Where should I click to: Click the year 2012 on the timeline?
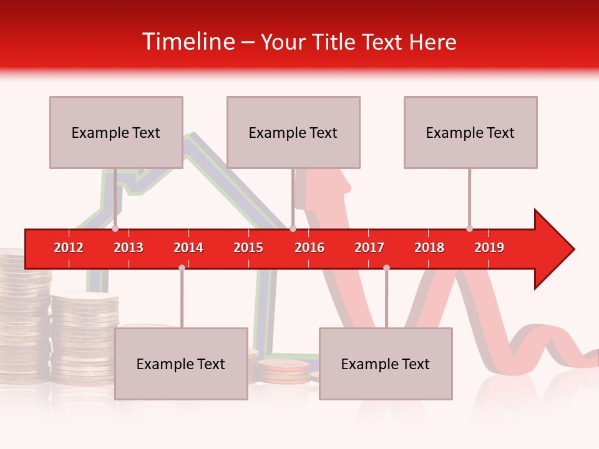click(69, 248)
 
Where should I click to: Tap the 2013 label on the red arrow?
click(129, 248)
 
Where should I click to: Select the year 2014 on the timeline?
click(188, 248)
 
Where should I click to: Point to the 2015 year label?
click(248, 248)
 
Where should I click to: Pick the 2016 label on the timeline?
click(309, 248)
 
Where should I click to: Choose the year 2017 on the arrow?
click(369, 248)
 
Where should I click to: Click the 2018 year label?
click(429, 248)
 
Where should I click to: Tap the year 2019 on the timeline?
click(489, 248)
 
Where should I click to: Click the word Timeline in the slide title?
click(187, 42)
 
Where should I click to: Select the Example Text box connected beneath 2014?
click(181, 364)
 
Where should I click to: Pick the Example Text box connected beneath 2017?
click(386, 364)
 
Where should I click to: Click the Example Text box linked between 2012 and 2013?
click(116, 132)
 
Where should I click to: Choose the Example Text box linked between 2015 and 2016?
click(293, 132)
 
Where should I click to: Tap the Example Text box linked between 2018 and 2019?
click(470, 132)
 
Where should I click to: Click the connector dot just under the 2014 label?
click(182, 268)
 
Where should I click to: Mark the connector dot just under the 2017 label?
click(386, 268)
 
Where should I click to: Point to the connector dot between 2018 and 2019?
click(469, 228)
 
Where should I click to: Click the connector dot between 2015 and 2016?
click(293, 228)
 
